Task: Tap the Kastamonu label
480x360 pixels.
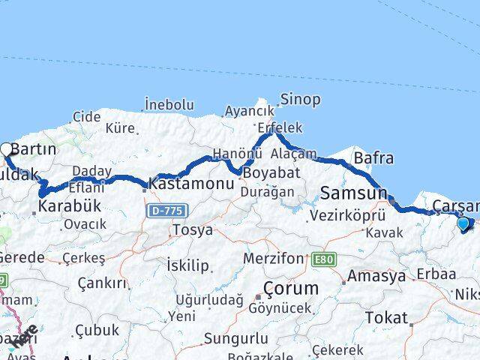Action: tap(184, 182)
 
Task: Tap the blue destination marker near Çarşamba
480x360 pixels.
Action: tap(463, 222)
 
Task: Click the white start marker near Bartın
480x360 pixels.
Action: tap(7, 149)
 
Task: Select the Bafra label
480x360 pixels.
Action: tap(373, 158)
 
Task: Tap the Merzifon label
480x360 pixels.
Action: tap(273, 259)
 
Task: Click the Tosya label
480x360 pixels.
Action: tap(192, 229)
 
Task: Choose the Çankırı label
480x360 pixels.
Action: tap(104, 283)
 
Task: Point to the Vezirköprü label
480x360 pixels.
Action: tap(342, 215)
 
